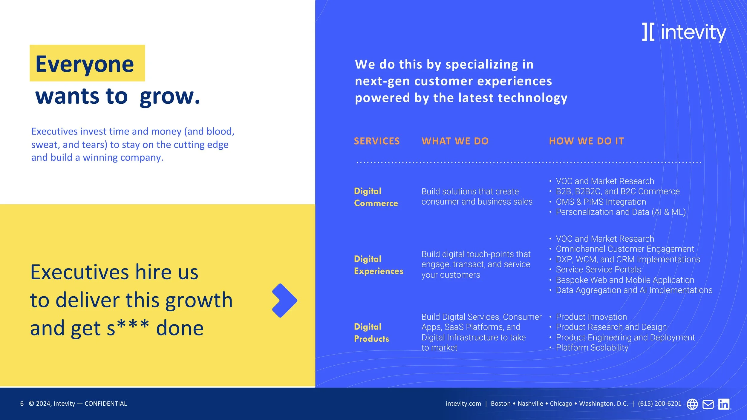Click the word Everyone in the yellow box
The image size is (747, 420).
[x=85, y=64]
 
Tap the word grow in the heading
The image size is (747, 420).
[x=169, y=97]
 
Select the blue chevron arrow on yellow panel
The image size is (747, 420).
[x=284, y=300]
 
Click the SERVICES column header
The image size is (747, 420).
[x=376, y=141]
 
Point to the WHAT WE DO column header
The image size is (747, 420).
[x=455, y=141]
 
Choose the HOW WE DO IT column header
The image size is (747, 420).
[x=586, y=141]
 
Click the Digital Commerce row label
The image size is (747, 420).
[x=376, y=197]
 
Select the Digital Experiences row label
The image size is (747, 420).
[x=378, y=265]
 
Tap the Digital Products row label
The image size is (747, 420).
[x=371, y=333]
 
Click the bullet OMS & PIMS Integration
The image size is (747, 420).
[x=601, y=202]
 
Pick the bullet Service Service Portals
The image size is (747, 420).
[x=598, y=270]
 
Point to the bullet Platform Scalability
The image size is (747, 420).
[x=592, y=348]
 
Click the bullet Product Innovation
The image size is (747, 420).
[x=591, y=317]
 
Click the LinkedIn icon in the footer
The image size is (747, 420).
[x=723, y=404]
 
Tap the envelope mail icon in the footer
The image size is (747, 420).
[x=708, y=404]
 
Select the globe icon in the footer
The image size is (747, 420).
[x=692, y=404]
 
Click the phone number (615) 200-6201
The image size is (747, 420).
[x=659, y=404]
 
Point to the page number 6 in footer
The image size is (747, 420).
[x=22, y=404]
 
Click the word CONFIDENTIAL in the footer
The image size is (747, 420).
[x=106, y=404]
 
